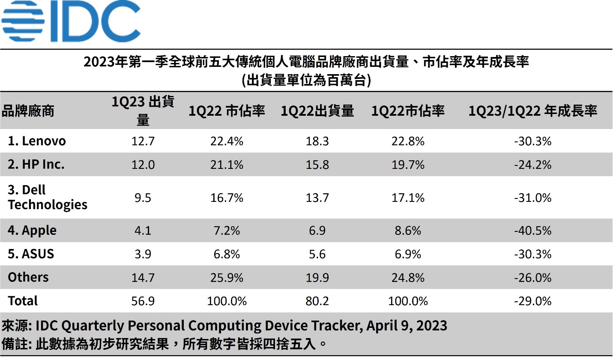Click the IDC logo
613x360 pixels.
tap(71, 21)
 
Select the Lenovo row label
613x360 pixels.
tap(37, 141)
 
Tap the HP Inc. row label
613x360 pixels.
tap(36, 164)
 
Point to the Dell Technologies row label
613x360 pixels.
tap(48, 197)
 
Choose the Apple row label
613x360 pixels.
tap(32, 230)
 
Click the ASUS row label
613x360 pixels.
tap(31, 254)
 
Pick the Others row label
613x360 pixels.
tap(28, 277)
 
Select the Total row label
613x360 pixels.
tap(23, 301)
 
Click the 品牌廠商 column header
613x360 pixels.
tap(28, 111)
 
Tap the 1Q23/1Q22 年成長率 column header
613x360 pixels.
tap(532, 111)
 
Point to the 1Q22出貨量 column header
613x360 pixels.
tap(317, 111)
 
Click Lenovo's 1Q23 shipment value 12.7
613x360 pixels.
tap(143, 141)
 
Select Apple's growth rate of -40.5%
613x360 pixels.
tap(532, 231)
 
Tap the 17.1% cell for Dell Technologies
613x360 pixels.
tap(408, 198)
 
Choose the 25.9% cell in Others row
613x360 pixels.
tap(227, 278)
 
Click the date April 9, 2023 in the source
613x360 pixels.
tap(407, 326)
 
